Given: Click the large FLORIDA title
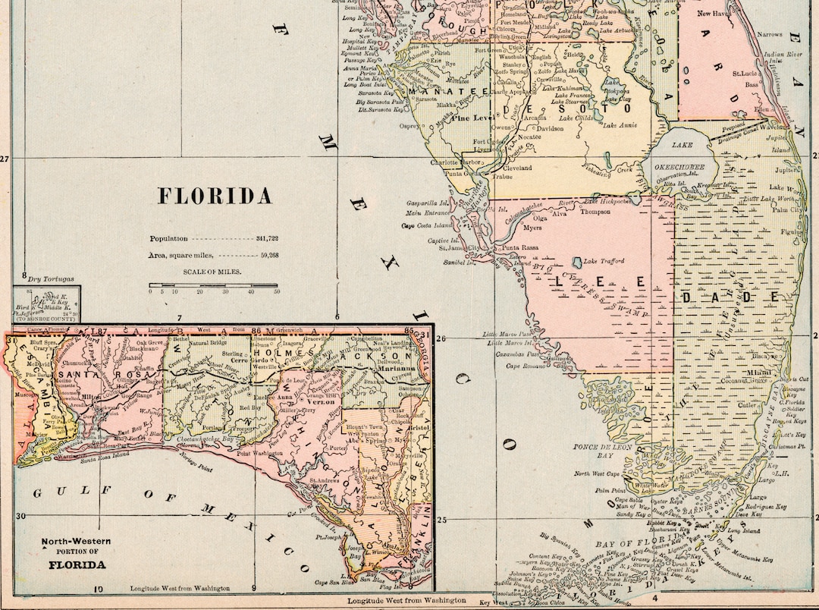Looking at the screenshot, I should tap(215, 197).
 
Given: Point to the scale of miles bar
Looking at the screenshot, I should tap(213, 285).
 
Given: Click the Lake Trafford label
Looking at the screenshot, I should tap(604, 261).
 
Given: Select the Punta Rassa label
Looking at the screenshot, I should tap(519, 248).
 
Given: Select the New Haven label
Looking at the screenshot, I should tap(714, 14).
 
